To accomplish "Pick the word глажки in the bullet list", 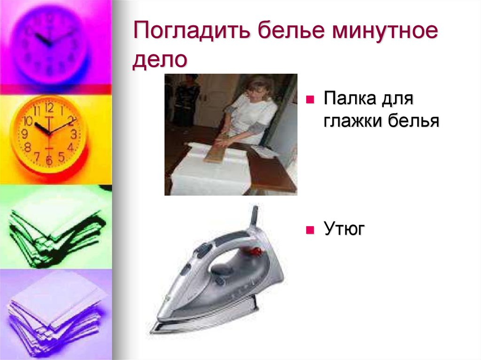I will [351, 121].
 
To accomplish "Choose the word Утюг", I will [344, 230].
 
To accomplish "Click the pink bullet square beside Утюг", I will [310, 230].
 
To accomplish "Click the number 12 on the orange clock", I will [49, 107].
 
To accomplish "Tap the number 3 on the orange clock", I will [74, 134].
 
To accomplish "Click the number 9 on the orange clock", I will [24, 134].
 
